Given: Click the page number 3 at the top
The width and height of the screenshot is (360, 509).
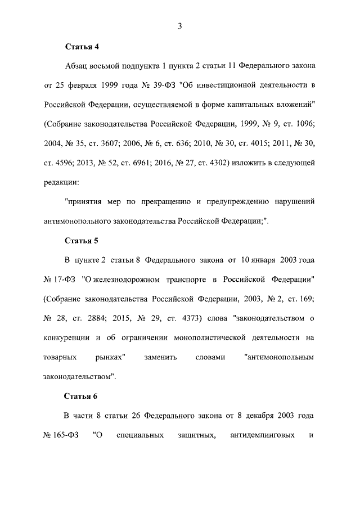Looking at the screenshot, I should coord(179,25).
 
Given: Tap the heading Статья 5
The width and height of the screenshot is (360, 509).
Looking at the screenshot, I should coord(82,241).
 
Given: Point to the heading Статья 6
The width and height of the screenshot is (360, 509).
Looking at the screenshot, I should coord(82,396).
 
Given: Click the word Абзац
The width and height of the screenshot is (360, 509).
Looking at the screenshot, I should coord(77,66).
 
